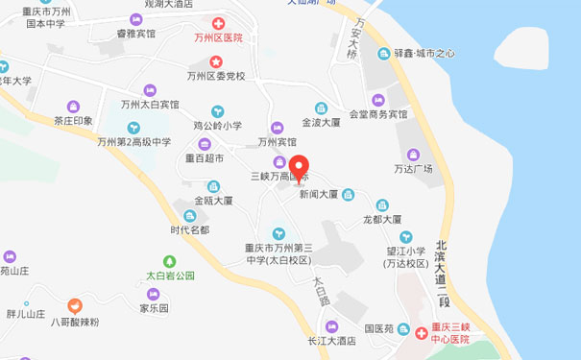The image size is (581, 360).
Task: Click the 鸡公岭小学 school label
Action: (218, 125)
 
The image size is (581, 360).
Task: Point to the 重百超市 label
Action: (204, 158)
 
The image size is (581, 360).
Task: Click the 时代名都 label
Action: (189, 230)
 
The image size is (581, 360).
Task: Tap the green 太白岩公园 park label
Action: (170, 276)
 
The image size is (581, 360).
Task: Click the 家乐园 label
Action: (154, 309)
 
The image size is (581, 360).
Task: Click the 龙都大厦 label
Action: (381, 219)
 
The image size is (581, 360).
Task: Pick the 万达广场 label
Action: (414, 169)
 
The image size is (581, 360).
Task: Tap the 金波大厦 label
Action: (321, 124)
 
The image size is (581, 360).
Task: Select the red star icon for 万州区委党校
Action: (217, 61)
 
